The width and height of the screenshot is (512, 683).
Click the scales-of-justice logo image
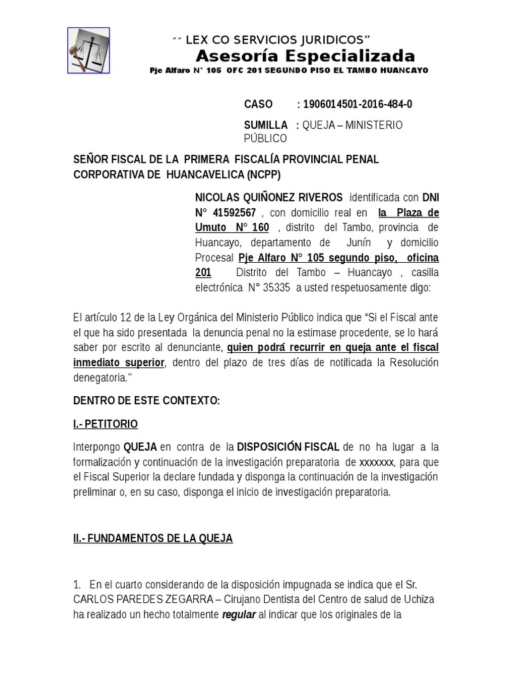[x=89, y=50]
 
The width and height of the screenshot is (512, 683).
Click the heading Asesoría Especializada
[x=305, y=56]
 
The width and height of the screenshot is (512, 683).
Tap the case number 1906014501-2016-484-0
[x=357, y=104]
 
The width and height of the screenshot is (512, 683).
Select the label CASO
[x=258, y=104]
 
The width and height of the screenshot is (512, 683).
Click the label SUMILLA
[x=266, y=125]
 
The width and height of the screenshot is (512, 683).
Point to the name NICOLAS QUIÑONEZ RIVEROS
[x=269, y=197]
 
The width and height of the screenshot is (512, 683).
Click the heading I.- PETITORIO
[x=105, y=424]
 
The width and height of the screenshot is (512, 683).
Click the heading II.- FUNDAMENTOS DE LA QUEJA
[x=153, y=538]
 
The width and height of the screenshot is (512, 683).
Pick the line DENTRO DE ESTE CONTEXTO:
[x=145, y=400]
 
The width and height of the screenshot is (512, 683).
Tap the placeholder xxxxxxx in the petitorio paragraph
[x=377, y=462]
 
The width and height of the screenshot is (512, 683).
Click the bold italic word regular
[x=239, y=615]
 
